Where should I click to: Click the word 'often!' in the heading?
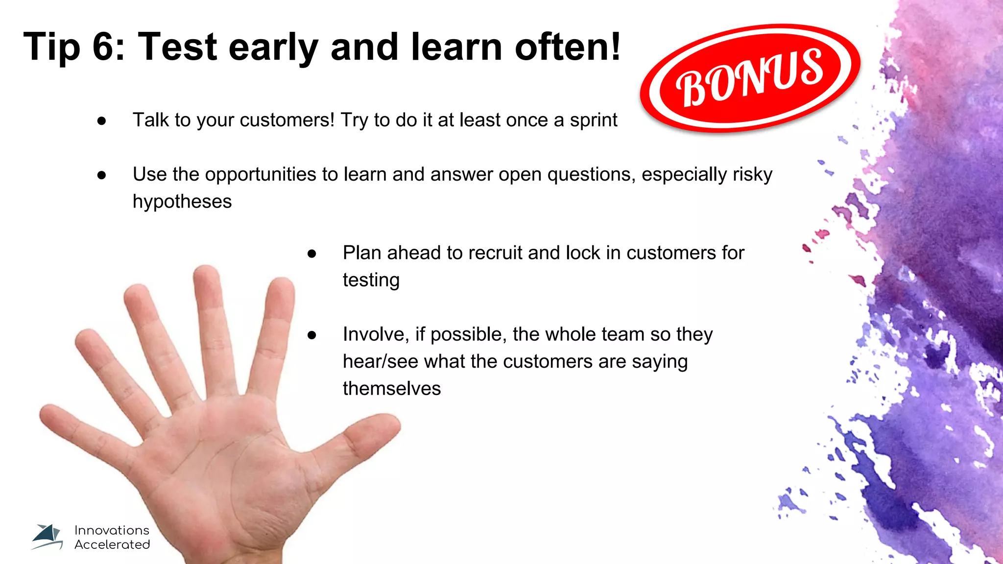568,47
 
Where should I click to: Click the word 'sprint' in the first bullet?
593,120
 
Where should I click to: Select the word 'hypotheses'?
182,202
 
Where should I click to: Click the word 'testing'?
371,281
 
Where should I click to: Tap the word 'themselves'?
392,389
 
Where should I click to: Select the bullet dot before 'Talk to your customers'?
102,121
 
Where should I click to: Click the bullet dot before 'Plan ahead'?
312,254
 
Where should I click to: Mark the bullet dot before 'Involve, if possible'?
312,335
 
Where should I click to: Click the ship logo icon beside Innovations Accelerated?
48,537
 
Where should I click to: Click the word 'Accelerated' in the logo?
112,544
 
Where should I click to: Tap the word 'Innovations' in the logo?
112,530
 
